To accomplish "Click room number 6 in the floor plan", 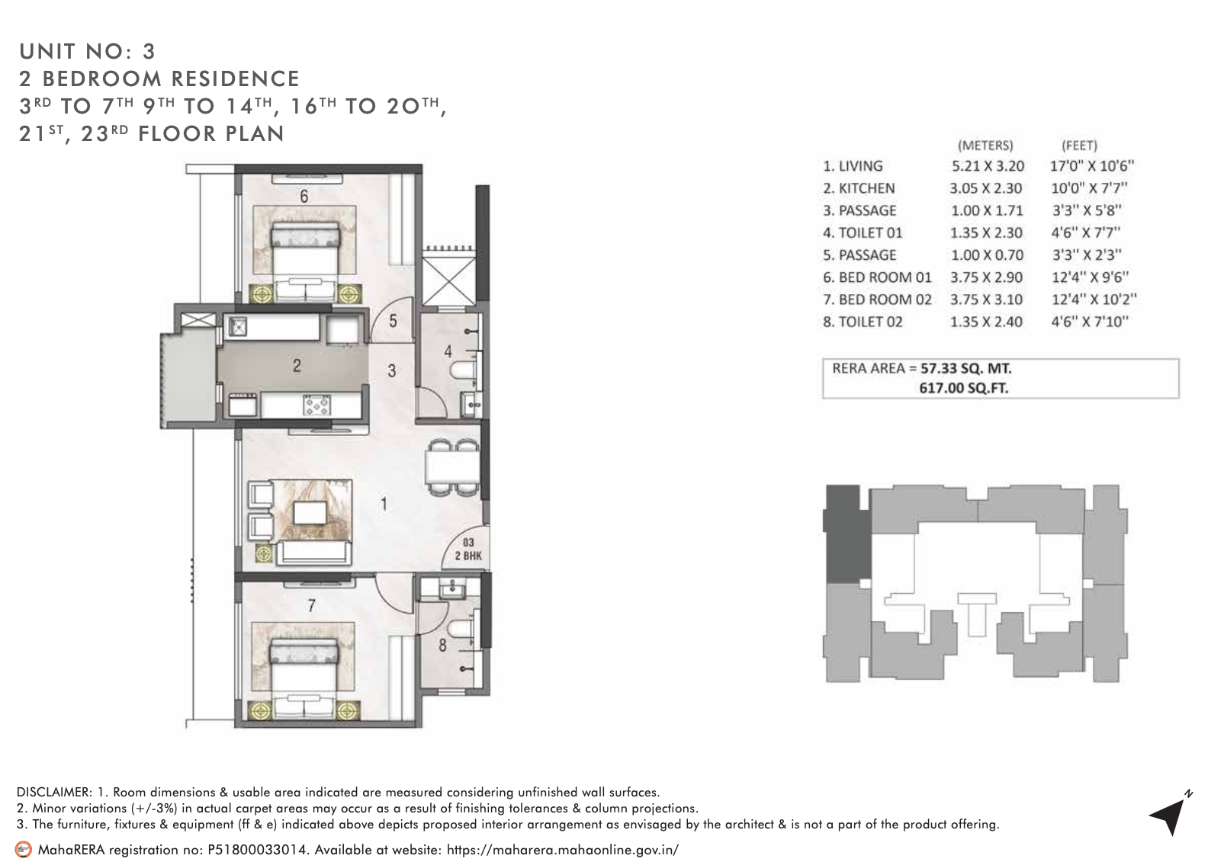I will click(x=304, y=197).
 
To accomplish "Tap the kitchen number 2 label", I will click(x=296, y=366).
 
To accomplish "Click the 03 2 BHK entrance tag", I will click(x=467, y=549).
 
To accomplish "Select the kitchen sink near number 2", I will click(x=239, y=327).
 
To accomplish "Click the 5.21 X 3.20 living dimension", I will click(x=988, y=166).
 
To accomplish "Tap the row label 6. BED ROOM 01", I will click(x=877, y=277).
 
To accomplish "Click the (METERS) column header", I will click(x=985, y=145).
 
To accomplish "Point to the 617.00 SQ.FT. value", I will click(x=964, y=388).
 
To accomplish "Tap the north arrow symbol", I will click(x=1170, y=815).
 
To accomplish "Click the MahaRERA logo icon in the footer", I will click(x=24, y=849).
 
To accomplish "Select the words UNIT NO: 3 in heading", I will click(x=88, y=51).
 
